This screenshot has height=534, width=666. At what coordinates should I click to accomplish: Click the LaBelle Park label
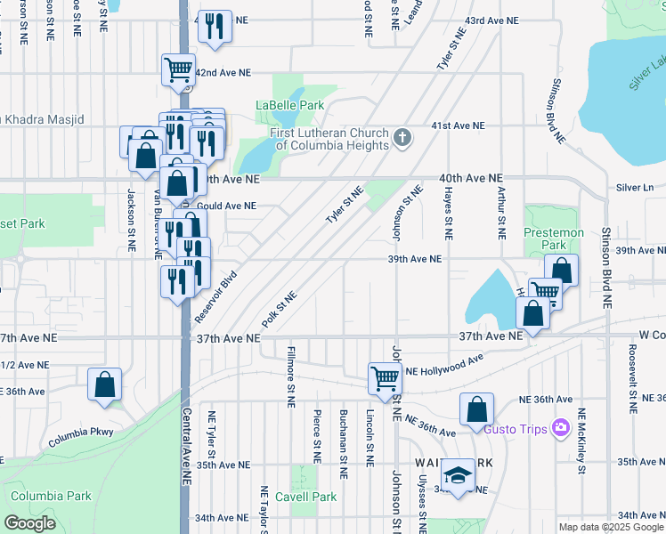point(289,105)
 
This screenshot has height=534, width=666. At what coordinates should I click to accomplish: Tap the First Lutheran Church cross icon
point(403,137)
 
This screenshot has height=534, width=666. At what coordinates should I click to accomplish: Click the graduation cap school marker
point(459,477)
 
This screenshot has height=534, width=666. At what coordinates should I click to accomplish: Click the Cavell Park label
point(306,497)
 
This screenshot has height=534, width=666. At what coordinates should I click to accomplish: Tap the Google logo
point(29,523)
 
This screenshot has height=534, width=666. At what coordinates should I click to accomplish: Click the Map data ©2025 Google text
point(611,527)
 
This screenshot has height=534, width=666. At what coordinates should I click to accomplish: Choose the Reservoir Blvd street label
point(215,284)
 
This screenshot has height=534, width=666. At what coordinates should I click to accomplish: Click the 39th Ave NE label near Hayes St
point(414,259)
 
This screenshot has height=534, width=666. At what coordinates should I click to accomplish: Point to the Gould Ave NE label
point(228,206)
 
